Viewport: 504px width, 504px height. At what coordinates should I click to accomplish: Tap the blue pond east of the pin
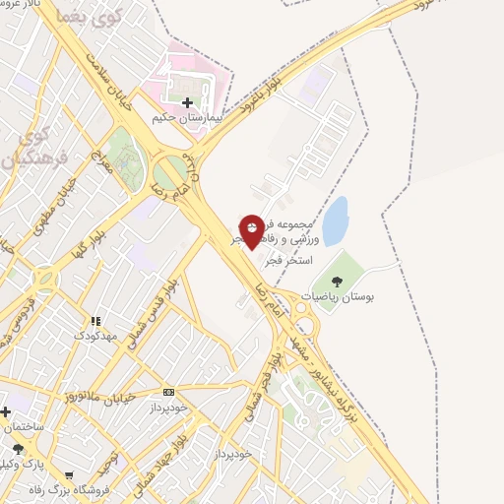click(335, 220)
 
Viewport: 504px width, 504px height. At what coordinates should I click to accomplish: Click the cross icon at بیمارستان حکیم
click(187, 102)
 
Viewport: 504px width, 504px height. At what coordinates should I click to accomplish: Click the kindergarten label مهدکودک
click(95, 335)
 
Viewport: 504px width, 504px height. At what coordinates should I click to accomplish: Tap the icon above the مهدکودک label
click(95, 321)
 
